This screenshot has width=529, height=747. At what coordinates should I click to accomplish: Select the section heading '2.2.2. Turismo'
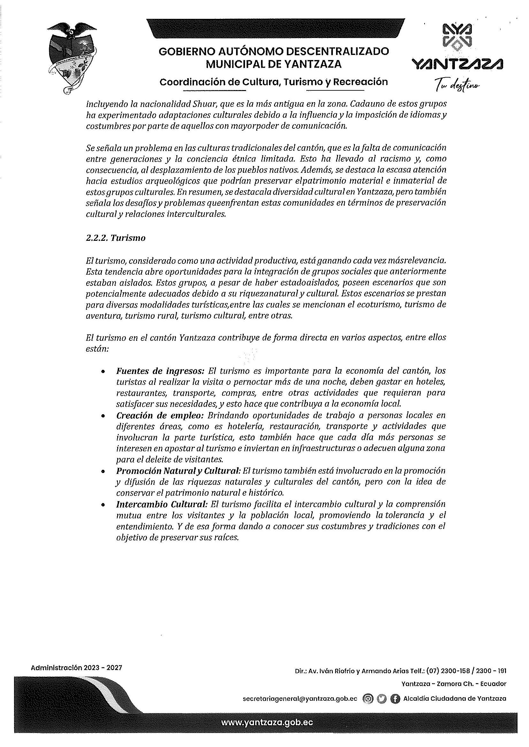point(115,238)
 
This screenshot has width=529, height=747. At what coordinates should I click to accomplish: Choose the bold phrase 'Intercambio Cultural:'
point(162,504)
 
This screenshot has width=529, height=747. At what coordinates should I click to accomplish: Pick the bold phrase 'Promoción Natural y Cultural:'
point(178,471)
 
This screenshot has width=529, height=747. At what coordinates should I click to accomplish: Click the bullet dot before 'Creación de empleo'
point(103,416)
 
